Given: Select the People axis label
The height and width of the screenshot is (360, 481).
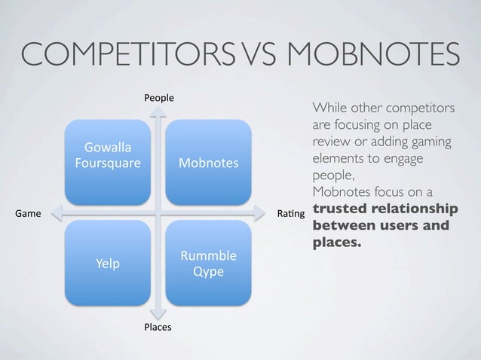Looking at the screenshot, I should pos(159,98).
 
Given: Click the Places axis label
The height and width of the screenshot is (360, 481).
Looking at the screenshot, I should pos(158,327).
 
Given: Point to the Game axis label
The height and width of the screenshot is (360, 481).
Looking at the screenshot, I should pos(28,214).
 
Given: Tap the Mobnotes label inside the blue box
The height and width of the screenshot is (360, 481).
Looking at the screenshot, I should pos(208,163).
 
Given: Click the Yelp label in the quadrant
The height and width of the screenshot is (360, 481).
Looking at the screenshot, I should pos(107,264).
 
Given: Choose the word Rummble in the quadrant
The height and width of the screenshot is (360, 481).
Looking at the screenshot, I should pos(208,256).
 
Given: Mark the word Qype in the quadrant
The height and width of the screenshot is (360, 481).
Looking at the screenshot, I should pos(208,271).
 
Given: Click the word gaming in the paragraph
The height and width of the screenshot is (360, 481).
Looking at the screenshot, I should pos(412,143).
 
